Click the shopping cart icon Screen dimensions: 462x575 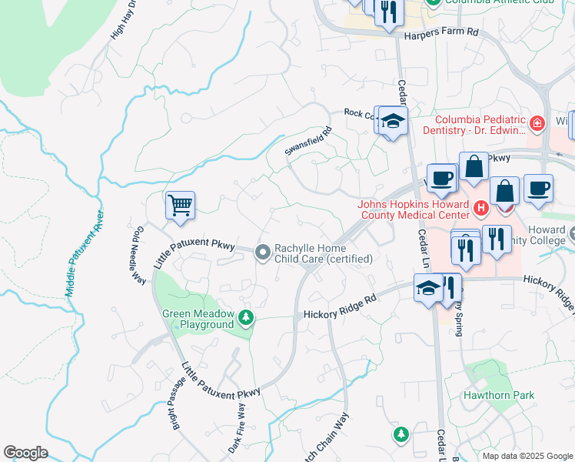tap(180, 206)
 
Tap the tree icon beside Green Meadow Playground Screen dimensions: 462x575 tap(246, 317)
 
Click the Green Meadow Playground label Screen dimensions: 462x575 tap(198, 319)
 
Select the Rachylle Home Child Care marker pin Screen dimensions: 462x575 tap(263, 252)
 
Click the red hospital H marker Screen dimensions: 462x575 tap(481, 208)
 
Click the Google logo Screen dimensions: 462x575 tap(25, 453)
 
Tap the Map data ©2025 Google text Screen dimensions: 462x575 tap(527, 456)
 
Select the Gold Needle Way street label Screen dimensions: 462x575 tap(138, 256)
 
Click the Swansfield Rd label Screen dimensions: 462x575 tap(307, 142)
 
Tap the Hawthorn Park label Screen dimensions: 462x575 tap(498, 395)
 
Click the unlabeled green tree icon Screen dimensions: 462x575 tap(401, 435)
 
